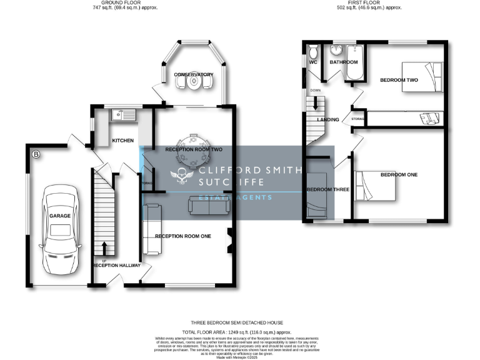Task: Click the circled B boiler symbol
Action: [x=35, y=154]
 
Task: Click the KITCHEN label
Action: [x=122, y=141]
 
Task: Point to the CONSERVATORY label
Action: [x=194, y=75]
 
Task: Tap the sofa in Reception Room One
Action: [x=152, y=229]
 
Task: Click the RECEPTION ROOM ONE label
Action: [x=183, y=236]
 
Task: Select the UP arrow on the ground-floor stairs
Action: [x=104, y=248]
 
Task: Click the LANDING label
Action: [x=328, y=120]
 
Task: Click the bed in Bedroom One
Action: [x=374, y=186]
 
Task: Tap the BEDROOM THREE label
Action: [x=328, y=189]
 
